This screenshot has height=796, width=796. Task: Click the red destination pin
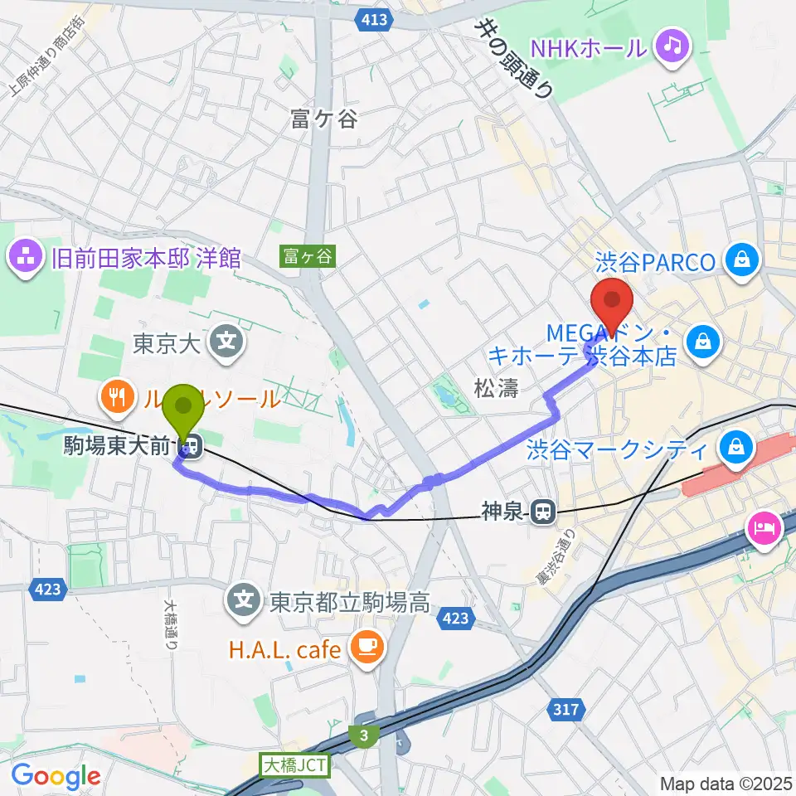click(611, 305)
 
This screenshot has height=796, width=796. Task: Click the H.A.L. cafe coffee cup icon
click(365, 647)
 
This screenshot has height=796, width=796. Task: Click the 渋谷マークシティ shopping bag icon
click(735, 450)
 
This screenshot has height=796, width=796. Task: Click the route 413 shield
click(375, 19)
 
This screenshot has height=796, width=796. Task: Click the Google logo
click(56, 776)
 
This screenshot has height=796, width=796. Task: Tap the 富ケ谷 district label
click(323, 119)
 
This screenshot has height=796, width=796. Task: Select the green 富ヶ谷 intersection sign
click(307, 257)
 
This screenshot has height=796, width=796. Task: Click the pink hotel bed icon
click(763, 527)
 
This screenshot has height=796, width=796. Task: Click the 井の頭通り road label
click(513, 58)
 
